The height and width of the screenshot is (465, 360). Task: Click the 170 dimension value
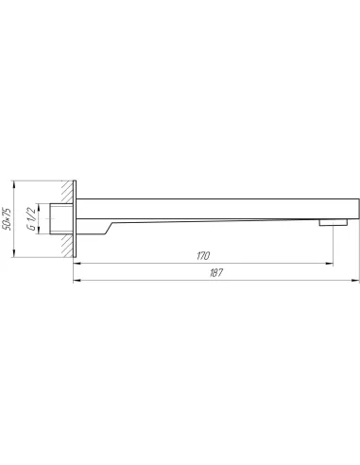(203, 256)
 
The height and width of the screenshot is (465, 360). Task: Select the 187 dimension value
(216, 272)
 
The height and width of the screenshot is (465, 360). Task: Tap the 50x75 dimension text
(7, 219)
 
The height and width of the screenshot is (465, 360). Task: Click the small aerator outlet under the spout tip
(334, 223)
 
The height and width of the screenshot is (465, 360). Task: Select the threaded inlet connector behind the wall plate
(61, 219)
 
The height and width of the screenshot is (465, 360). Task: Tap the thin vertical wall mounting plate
(75, 219)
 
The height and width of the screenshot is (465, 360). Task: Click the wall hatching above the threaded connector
(67, 192)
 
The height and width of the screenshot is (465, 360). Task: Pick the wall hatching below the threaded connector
(67, 245)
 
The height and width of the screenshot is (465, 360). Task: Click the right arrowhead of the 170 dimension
(330, 264)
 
